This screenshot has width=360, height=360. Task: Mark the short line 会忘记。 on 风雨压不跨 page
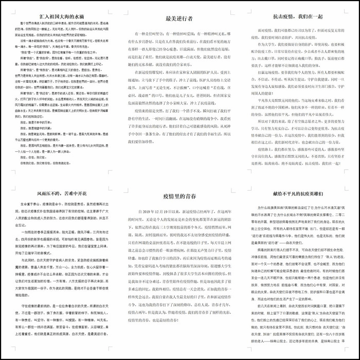click(20, 225)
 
